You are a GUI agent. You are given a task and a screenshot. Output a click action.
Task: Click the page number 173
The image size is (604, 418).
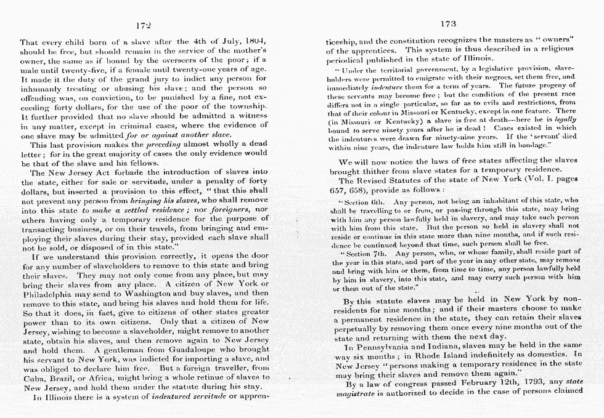(x=449, y=24)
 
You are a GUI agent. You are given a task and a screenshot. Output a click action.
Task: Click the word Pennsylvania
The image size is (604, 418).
(x=378, y=346)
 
